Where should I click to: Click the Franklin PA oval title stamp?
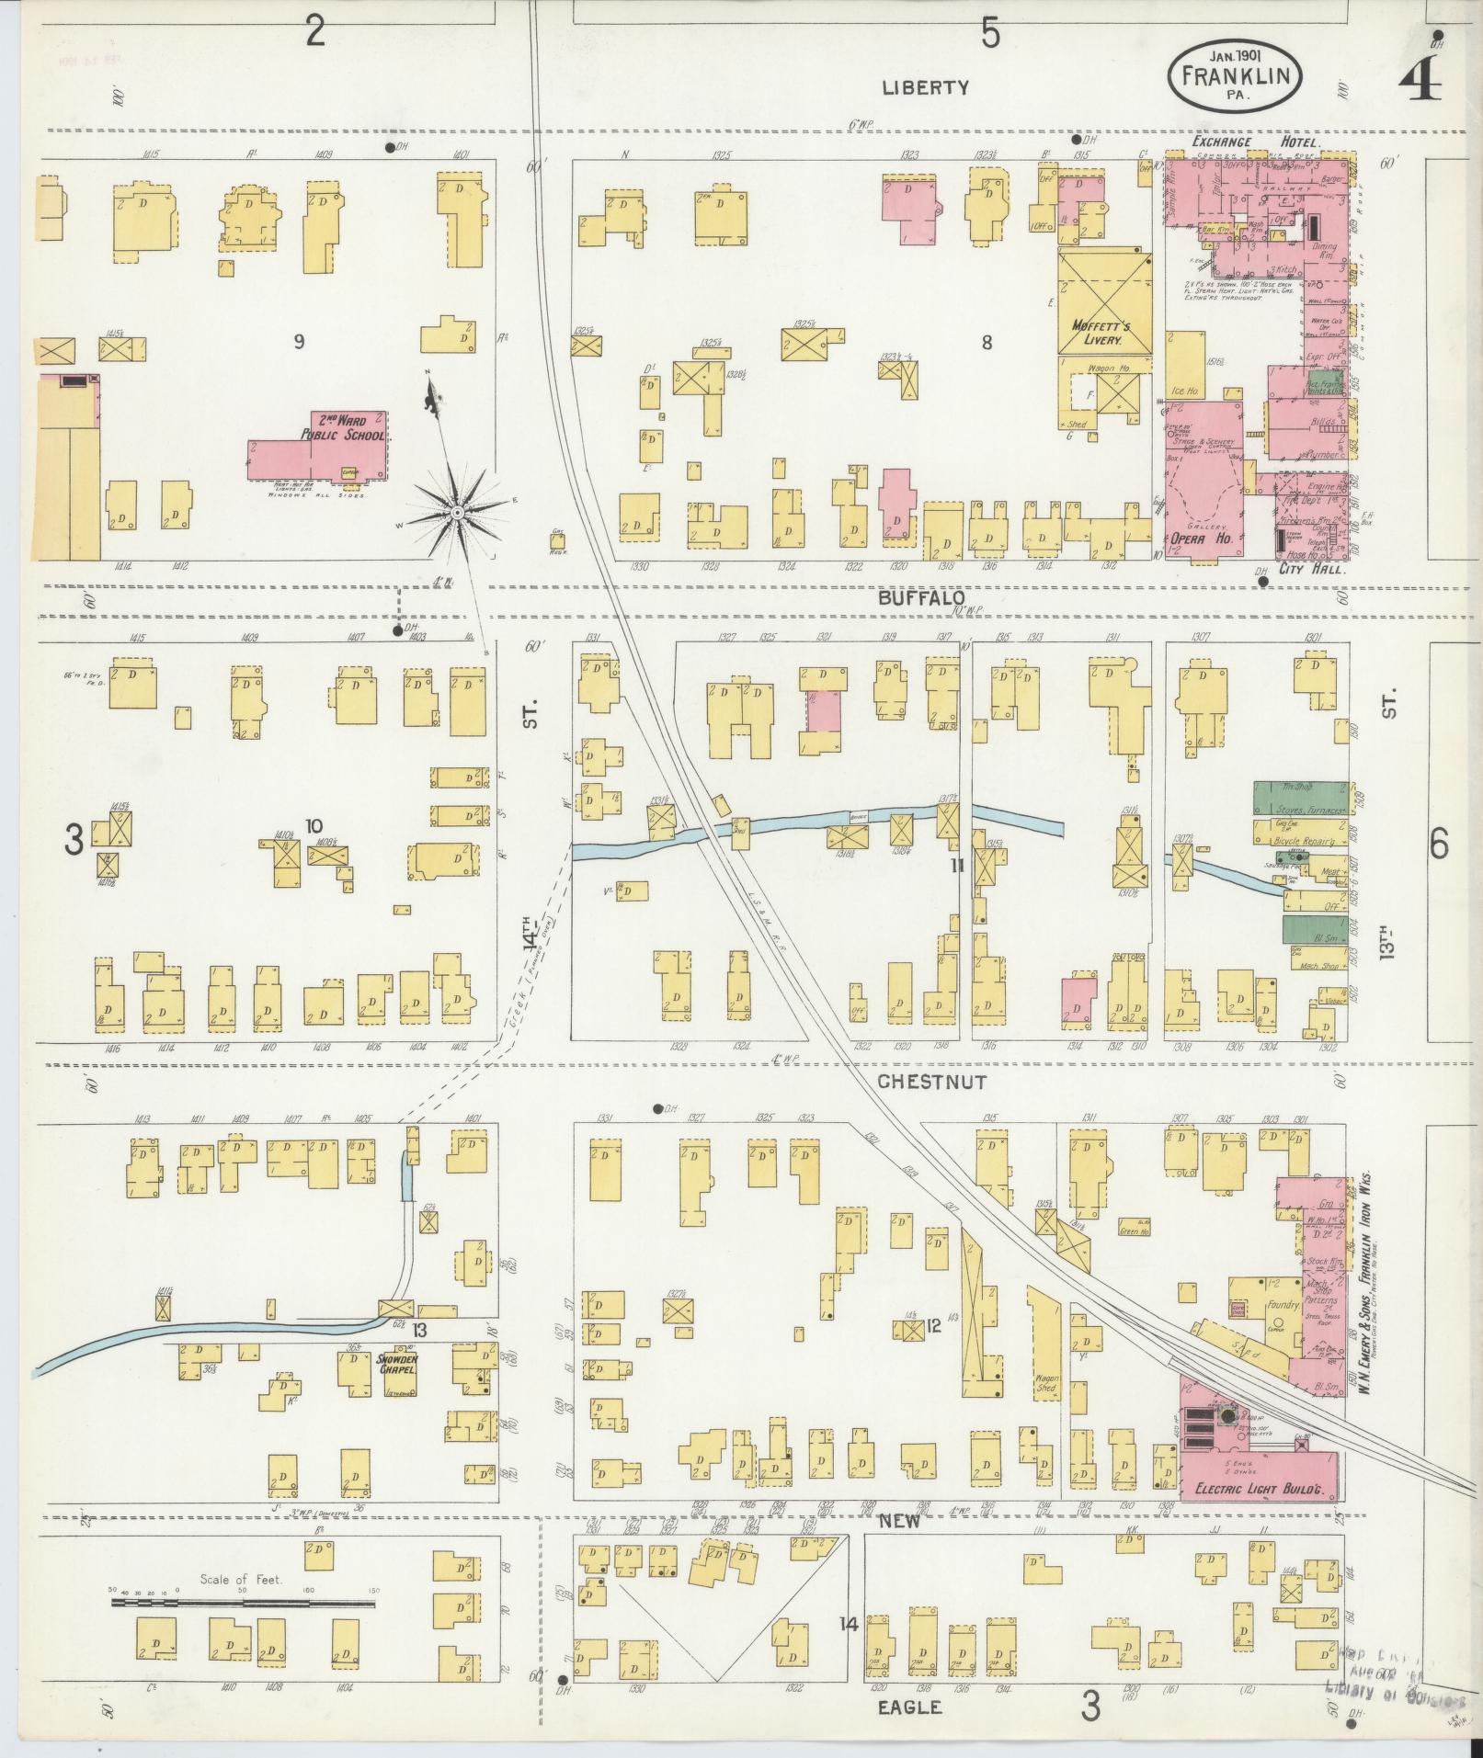(x=1235, y=78)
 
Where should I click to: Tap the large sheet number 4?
(x=1420, y=82)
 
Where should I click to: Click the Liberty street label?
(x=925, y=88)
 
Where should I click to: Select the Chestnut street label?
(x=931, y=1082)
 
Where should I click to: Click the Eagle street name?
(x=909, y=1707)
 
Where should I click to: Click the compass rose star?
(x=457, y=510)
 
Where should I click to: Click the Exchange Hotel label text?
(x=1256, y=143)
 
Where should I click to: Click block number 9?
(x=298, y=342)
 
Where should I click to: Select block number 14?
(x=848, y=1625)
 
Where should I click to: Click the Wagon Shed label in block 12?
(x=1046, y=1384)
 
